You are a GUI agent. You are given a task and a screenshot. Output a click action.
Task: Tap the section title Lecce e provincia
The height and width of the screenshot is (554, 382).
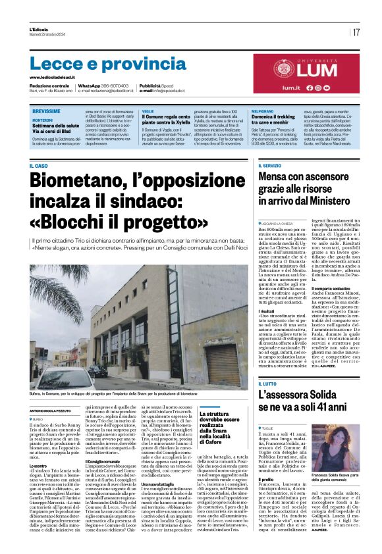tap(99, 64)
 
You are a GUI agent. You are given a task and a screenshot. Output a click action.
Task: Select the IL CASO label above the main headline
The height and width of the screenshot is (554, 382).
tap(39, 165)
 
